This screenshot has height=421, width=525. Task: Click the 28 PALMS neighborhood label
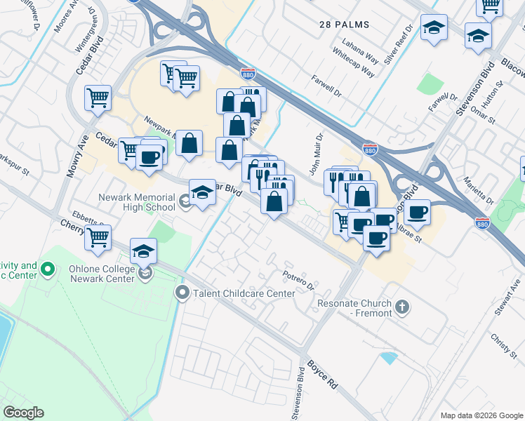click(343, 25)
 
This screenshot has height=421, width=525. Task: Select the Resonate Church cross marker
click(403, 307)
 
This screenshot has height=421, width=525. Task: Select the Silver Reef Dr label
click(398, 48)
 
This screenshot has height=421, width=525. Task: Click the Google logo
click(23, 413)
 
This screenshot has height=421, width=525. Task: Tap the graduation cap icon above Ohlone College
click(144, 250)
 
